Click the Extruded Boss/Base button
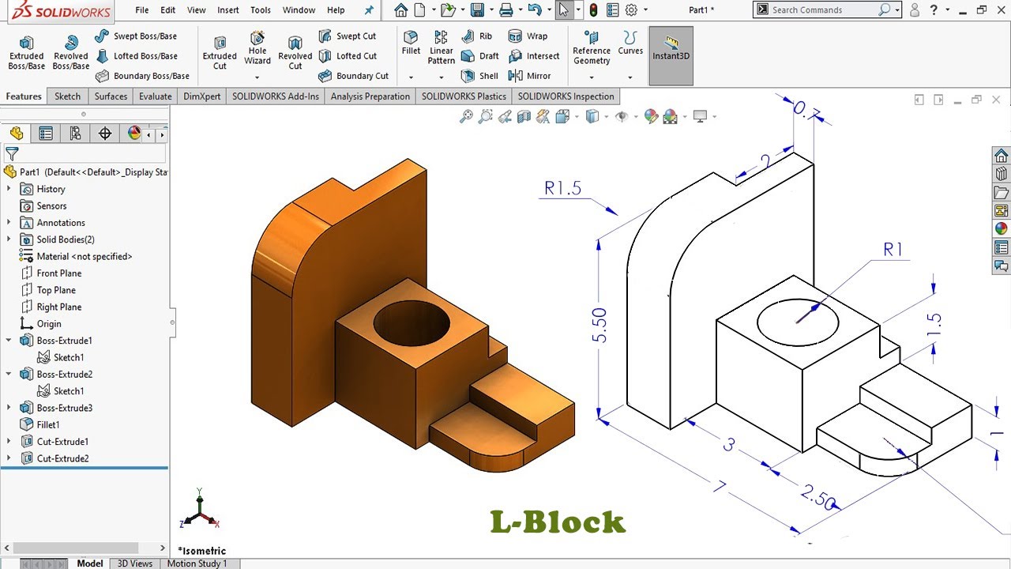(26, 52)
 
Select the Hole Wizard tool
(257, 49)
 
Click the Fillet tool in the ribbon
(411, 43)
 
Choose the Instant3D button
(671, 49)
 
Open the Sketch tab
(67, 96)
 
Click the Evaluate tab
(156, 96)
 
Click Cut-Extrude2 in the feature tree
(62, 458)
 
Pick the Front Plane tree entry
(58, 273)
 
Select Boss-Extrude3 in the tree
(64, 408)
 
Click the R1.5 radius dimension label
(562, 188)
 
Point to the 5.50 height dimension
(599, 325)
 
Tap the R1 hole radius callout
(893, 250)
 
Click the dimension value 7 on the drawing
(719, 486)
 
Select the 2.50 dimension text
(817, 498)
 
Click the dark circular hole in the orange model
(412, 322)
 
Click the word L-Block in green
(558, 522)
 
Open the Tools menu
(261, 10)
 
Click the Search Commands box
(821, 10)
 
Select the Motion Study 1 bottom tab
(197, 563)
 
